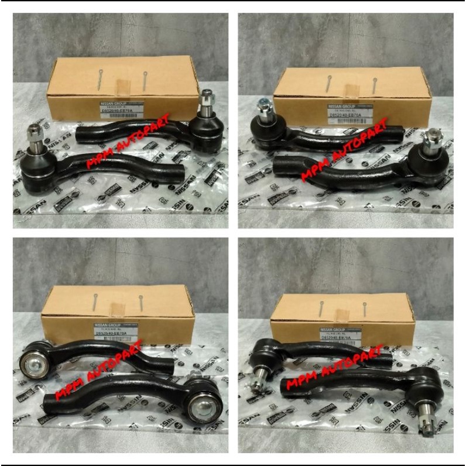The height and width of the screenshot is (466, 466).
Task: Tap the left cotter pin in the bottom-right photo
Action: tap(321, 307)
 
